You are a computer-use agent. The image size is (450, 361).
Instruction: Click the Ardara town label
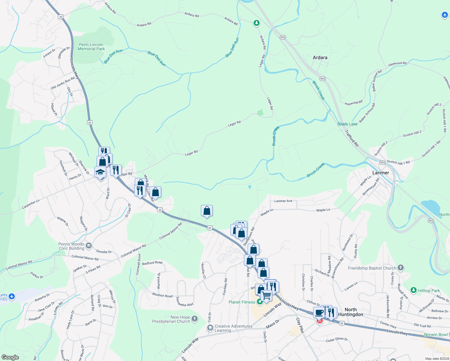pos(320,57)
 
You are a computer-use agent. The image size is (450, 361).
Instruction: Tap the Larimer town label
pos(381,173)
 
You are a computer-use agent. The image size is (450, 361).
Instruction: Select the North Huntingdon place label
pos(350,312)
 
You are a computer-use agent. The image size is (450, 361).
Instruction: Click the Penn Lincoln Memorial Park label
pos(91,47)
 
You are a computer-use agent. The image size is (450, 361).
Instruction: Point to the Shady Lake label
pos(347,124)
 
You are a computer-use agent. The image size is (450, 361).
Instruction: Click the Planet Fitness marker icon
pos(260,302)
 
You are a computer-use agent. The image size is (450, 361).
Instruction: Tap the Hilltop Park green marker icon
pos(414,290)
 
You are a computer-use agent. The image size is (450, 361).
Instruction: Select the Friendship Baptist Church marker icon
pos(400,268)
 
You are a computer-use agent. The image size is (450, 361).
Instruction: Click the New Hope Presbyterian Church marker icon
pos(195,319)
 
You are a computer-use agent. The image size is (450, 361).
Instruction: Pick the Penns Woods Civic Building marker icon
pos(88,246)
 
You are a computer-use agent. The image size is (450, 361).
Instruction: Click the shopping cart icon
pos(266,295)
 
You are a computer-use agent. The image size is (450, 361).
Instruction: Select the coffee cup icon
pos(319,312)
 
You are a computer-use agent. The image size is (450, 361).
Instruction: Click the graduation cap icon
pos(100,172)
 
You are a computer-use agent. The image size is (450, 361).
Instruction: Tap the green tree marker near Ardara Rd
pos(256,23)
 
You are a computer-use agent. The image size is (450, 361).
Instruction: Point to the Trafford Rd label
pos(352,138)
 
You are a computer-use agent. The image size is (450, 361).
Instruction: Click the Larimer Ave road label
pos(283,201)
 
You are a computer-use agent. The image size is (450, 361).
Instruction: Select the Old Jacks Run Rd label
pos(63,83)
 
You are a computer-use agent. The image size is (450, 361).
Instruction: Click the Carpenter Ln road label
pos(30,204)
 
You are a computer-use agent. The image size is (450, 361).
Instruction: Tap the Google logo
pos(10,357)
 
